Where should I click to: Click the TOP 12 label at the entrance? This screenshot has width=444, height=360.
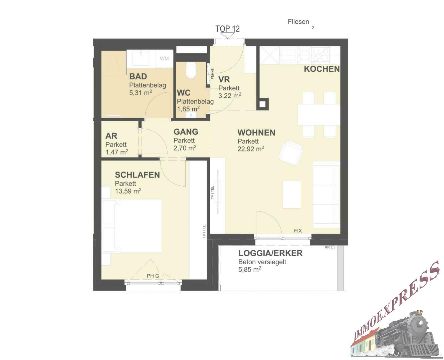227,29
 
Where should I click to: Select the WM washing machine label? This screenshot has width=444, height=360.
164,58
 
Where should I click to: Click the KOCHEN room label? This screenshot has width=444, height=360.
321,69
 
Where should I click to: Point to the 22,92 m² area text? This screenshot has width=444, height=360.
251,149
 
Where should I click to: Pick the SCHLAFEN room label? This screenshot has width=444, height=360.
137,175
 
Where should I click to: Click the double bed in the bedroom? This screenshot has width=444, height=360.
132,226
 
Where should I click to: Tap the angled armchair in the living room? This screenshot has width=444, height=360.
290,153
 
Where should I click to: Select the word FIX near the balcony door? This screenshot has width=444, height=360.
298,231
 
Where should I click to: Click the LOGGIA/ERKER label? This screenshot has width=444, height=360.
270,253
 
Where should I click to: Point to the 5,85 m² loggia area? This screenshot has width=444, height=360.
250,269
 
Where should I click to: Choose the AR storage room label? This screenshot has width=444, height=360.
111,136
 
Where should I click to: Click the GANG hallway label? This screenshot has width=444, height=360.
186,132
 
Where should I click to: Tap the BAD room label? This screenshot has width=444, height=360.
138,76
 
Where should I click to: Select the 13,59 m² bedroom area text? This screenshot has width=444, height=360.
128,191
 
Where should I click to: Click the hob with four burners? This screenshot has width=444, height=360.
320,55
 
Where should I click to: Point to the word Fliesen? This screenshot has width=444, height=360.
298,22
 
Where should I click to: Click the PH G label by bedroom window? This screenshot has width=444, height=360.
153,276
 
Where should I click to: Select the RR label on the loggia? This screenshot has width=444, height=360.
327,247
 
